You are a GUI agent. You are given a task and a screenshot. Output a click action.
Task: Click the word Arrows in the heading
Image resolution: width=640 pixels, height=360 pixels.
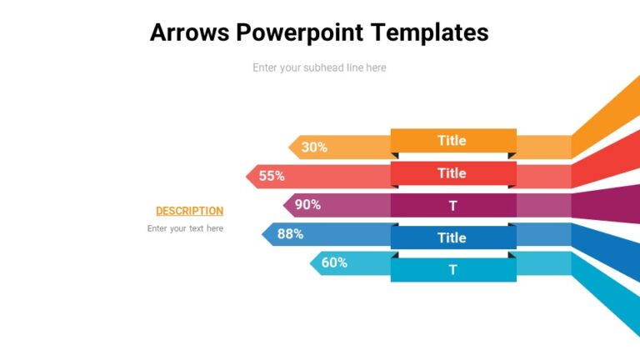click(189, 32)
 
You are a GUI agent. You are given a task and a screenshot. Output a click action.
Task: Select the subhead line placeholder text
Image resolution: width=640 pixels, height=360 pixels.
click(319, 67)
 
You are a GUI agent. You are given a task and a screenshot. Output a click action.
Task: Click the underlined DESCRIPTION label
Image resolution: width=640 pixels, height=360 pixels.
click(189, 211)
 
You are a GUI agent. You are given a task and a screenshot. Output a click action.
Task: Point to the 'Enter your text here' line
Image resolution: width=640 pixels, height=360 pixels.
click(185, 228)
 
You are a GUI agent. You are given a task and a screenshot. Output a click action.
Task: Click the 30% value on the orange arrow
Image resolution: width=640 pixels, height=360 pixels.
click(314, 147)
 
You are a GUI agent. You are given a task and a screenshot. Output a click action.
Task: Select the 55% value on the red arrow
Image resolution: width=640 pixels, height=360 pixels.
click(272, 176)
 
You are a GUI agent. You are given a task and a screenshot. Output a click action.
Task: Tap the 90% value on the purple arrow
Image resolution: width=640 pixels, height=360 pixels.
click(307, 204)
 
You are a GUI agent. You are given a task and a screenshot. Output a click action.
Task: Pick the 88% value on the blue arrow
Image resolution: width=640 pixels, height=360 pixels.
click(290, 234)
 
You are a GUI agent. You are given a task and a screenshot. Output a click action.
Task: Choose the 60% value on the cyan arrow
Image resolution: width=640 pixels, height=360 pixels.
click(334, 262)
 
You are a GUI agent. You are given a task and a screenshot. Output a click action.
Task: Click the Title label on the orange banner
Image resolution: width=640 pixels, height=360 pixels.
click(452, 141)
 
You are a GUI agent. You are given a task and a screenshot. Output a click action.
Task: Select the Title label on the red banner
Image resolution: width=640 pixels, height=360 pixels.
click(452, 173)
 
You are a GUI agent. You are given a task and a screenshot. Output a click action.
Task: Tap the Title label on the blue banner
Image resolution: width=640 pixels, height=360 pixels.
click(452, 237)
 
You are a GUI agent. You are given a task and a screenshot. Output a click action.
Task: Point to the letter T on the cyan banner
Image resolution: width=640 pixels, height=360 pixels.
click(453, 270)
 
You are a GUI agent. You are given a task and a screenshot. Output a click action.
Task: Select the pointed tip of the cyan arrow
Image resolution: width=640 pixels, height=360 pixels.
click(312, 263)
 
